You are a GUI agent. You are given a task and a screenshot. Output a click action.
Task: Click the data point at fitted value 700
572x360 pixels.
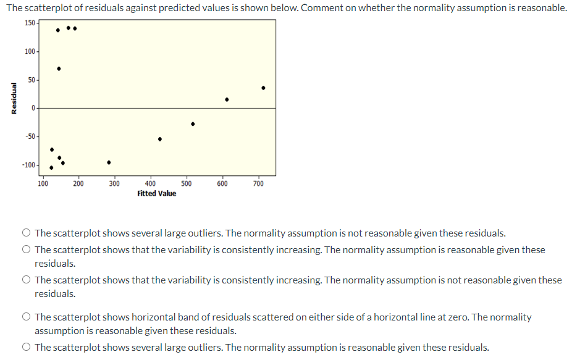[x=263, y=88]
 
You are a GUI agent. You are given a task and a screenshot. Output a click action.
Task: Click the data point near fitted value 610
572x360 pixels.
[x=227, y=99]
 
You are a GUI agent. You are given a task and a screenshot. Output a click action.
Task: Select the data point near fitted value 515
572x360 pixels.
[x=193, y=124]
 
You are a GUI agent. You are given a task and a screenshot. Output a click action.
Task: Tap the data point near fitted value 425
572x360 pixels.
[x=160, y=139]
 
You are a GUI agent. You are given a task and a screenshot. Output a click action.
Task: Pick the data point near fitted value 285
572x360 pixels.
[x=109, y=162]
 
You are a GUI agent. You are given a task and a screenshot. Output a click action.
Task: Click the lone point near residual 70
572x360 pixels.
[x=59, y=69]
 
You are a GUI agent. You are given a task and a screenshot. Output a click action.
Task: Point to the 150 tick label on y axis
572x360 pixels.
[x=30, y=23]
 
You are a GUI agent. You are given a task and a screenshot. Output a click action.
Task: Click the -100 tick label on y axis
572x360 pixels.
[x=28, y=165]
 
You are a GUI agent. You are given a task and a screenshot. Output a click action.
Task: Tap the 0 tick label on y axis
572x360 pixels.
[x=34, y=108]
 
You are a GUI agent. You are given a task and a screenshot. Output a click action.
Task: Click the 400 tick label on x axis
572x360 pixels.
[x=150, y=183]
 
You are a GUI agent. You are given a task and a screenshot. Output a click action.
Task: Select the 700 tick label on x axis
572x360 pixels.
[x=258, y=183]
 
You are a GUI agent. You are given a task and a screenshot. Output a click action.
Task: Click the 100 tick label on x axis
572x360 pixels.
[x=43, y=183]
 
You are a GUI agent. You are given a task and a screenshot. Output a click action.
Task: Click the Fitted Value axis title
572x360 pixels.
[x=156, y=193]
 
